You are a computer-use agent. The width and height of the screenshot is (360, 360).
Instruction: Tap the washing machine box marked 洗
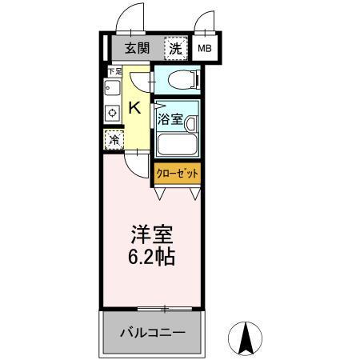point(175,48)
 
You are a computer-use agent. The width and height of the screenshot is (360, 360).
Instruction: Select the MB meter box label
point(205,48)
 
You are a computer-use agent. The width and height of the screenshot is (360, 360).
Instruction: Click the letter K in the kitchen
point(135,108)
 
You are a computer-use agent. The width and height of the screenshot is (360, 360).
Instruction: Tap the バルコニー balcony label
point(152,332)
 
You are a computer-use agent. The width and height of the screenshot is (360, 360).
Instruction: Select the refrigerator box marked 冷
point(113,139)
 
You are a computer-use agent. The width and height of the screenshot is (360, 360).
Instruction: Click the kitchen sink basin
point(111,89)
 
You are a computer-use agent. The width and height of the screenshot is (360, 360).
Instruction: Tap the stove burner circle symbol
point(111,113)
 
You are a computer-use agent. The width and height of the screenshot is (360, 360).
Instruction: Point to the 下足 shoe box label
point(114,72)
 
